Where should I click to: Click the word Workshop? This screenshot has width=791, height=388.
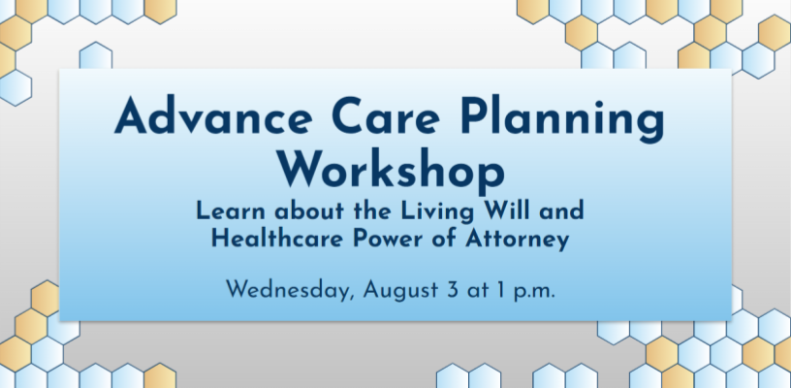click(392, 170)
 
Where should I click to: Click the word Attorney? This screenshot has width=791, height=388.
click(517, 241)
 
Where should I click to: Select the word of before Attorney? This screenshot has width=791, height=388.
click(446, 239)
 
